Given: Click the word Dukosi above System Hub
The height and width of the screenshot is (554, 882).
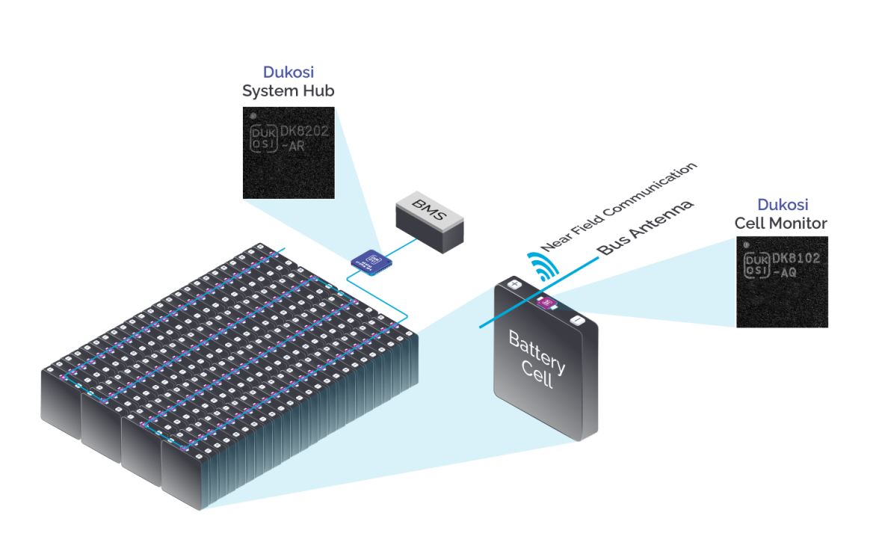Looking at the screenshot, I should coord(288,73).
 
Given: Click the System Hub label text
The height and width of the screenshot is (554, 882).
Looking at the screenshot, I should coord(288,91).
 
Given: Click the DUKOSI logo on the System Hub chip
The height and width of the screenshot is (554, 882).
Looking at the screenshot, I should coord(262,138).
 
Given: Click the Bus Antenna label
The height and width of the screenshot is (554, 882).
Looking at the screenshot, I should coord(645,228).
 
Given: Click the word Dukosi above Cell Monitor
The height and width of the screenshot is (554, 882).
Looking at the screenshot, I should coord(783,205).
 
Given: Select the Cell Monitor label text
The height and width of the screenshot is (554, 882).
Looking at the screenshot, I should coord(780,223).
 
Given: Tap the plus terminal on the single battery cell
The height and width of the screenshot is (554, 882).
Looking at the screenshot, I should coord(514,284).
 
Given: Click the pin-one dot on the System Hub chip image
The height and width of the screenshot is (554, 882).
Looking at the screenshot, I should coord(253,117).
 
